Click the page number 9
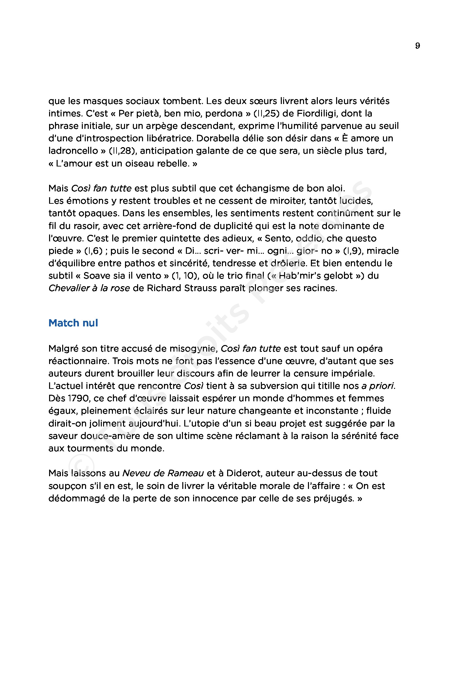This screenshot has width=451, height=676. click(417, 46)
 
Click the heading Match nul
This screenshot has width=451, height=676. click(73, 323)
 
